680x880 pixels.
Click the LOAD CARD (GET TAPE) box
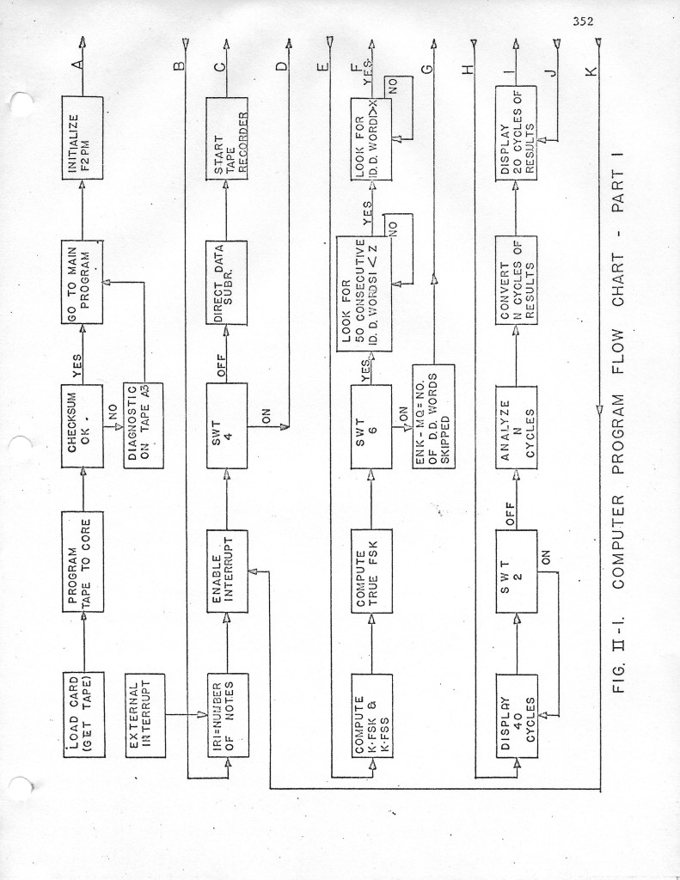[x=83, y=714]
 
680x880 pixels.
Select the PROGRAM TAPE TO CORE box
[x=83, y=561]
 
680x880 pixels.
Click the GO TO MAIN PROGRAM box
[x=83, y=283]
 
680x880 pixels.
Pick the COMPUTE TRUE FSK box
[x=371, y=571]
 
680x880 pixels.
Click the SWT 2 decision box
[x=516, y=571]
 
